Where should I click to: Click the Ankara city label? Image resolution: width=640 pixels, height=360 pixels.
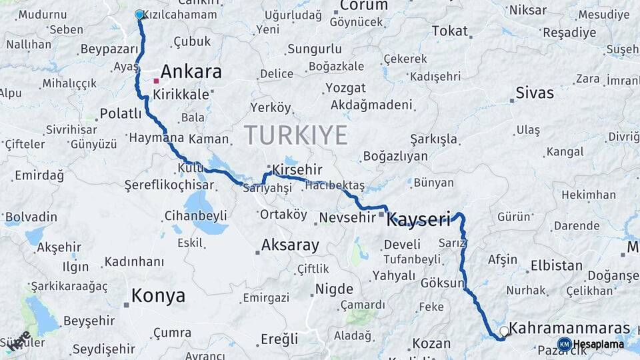(191, 72)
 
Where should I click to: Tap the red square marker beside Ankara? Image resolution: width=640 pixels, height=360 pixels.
(156, 81)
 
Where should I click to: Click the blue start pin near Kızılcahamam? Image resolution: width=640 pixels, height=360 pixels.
(139, 14)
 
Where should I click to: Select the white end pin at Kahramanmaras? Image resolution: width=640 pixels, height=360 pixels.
(504, 331)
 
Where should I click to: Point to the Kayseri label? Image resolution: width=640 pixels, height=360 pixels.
(419, 219)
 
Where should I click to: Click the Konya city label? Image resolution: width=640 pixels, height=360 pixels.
(158, 296)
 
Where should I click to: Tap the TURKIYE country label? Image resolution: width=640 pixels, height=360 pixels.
(295, 135)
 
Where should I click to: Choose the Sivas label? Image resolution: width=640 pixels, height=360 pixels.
(535, 93)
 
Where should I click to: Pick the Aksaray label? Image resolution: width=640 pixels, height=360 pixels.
(290, 245)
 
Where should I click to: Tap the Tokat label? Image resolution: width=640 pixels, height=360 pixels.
(450, 31)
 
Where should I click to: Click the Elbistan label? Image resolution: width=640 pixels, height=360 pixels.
(556, 265)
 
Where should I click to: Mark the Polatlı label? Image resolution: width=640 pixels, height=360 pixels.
(121, 113)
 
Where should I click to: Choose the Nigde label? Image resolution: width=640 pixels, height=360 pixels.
(333, 289)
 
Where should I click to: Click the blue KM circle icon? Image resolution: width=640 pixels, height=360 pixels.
(564, 344)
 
